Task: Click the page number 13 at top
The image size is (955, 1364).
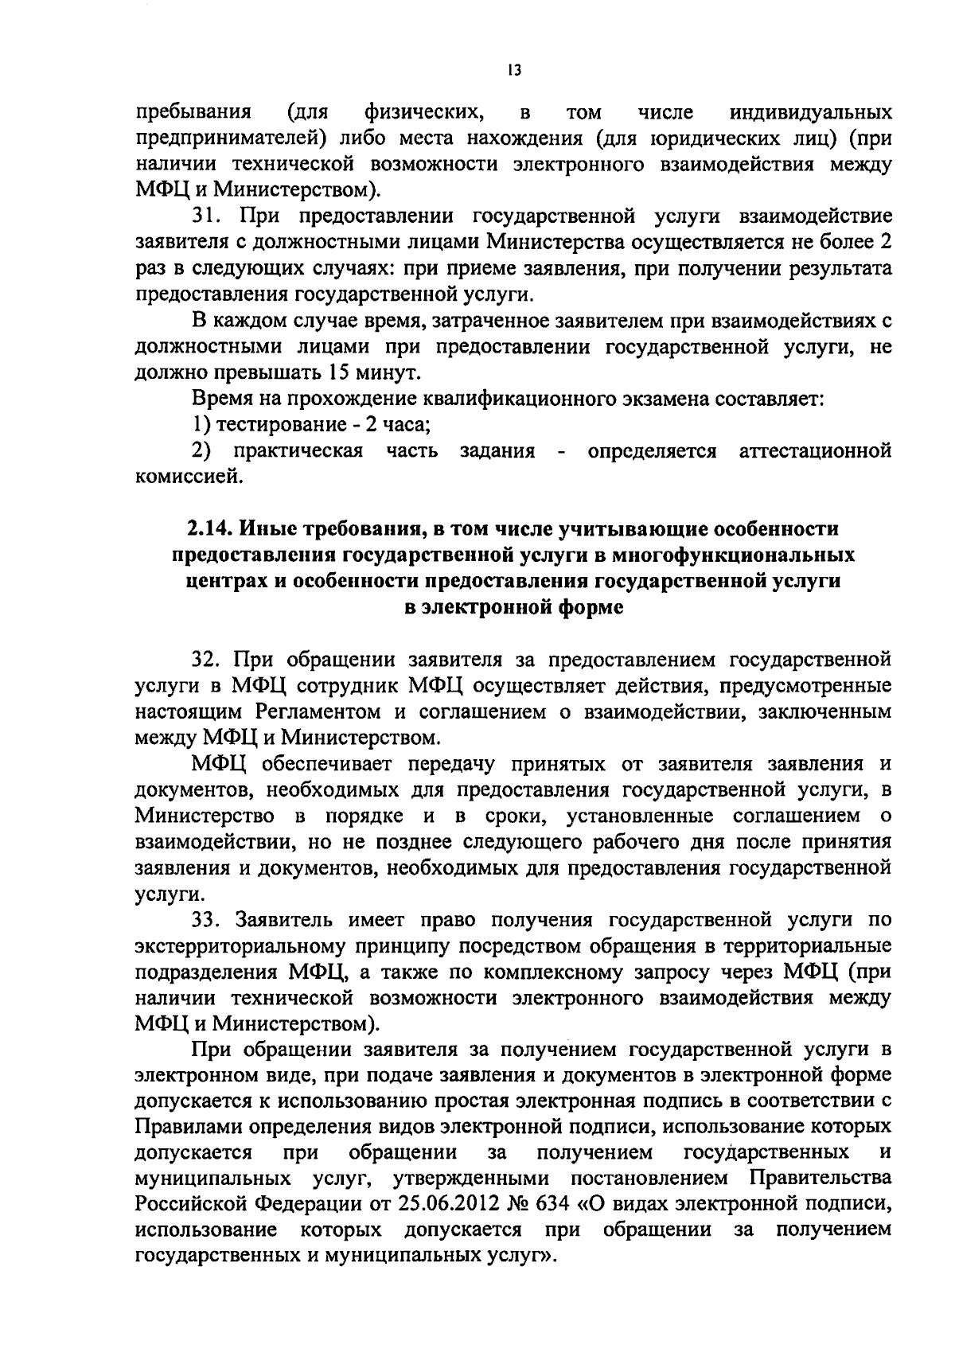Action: pyautogui.click(x=513, y=71)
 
